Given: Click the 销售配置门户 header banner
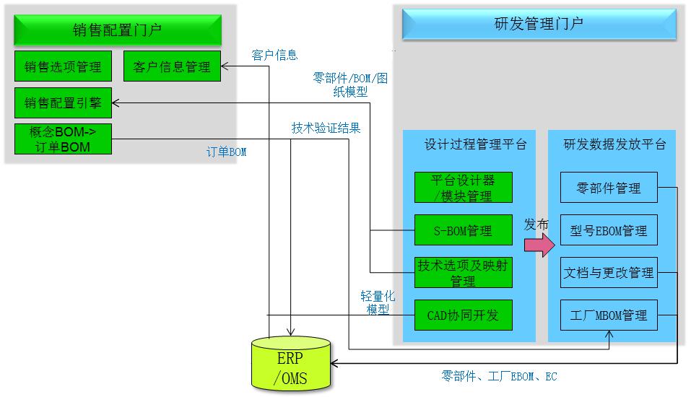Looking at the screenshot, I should click(x=118, y=30).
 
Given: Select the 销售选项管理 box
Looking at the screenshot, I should click(x=64, y=66).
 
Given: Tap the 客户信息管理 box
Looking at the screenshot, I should click(x=172, y=66).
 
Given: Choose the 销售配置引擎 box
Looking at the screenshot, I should click(x=64, y=103).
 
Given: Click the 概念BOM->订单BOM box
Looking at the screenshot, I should click(x=64, y=139).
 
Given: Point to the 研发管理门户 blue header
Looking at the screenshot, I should click(x=539, y=24).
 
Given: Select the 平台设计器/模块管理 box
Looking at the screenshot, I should click(x=463, y=188).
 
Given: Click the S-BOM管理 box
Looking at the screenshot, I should click(x=463, y=231).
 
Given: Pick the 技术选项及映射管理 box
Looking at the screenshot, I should click(x=463, y=273).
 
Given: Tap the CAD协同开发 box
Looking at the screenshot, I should click(x=463, y=315).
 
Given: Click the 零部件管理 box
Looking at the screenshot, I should click(x=609, y=188).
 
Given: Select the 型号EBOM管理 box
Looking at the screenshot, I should click(x=609, y=231).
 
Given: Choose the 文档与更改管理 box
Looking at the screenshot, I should click(x=609, y=273).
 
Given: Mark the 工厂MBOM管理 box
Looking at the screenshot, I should click(x=609, y=315).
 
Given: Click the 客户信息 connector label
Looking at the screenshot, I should click(x=274, y=55).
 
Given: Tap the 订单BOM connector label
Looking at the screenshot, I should click(x=227, y=152).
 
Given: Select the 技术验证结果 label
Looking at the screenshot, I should click(x=326, y=128).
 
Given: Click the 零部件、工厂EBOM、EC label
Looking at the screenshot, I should click(x=499, y=376).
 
